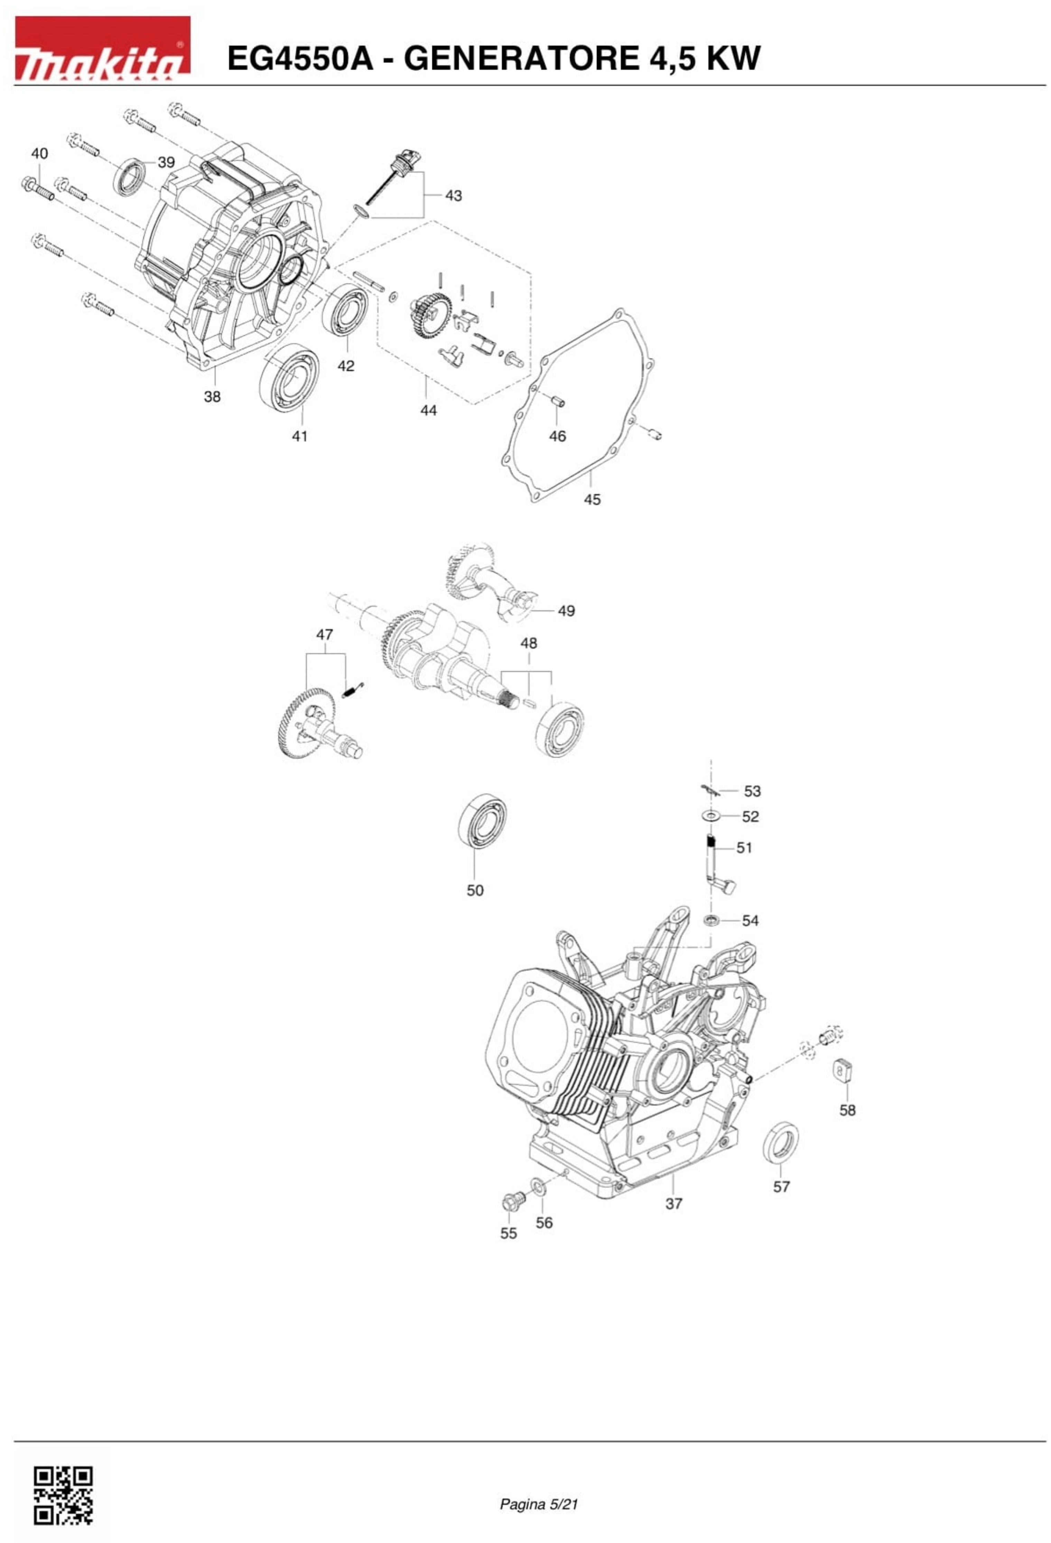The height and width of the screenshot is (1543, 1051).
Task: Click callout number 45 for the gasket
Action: coord(591,499)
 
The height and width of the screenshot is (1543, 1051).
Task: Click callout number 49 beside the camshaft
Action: coord(566,611)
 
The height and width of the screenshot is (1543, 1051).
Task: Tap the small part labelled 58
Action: coord(843,1070)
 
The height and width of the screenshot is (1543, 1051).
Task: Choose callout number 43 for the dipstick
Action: coord(453,196)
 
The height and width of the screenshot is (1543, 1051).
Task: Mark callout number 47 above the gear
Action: coord(324,635)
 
